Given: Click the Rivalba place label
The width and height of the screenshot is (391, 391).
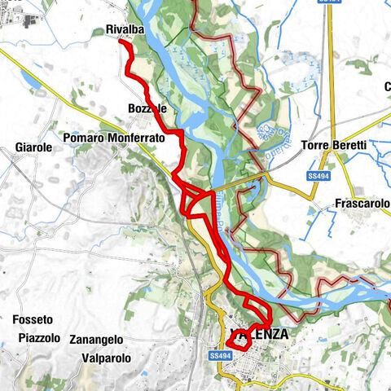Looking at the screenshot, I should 124,30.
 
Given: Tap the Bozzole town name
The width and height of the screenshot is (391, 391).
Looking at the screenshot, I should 147,108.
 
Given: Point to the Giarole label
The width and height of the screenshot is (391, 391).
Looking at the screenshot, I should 33,147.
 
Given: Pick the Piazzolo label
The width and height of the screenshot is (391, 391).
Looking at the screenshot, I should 38,338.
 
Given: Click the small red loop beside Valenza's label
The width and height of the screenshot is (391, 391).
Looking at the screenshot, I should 237,343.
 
